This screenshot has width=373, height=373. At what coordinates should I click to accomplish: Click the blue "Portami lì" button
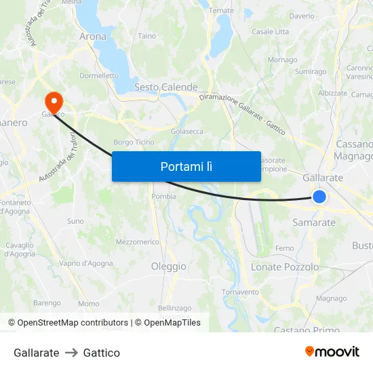(x=186, y=166)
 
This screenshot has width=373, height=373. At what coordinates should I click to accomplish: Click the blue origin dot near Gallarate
(x=319, y=197)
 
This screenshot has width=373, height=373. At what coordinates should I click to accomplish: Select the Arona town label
(x=93, y=36)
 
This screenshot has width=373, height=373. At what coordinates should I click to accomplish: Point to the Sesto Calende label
(x=165, y=87)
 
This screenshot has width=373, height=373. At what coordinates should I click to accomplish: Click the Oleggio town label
(x=168, y=267)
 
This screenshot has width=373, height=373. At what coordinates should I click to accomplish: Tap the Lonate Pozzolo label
(x=285, y=267)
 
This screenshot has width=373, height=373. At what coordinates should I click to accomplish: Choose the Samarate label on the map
(x=313, y=222)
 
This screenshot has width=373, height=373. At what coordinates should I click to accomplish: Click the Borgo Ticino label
(x=134, y=142)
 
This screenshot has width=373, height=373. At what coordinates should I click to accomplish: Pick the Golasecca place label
(x=187, y=131)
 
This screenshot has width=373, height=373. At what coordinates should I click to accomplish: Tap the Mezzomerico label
(x=138, y=241)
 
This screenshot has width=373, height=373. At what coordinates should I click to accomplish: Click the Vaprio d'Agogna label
(x=86, y=263)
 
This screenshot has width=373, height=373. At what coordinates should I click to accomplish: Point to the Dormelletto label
(x=99, y=76)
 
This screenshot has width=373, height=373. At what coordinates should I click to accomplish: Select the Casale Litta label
(x=270, y=31)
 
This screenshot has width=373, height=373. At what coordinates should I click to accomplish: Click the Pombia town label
(x=165, y=196)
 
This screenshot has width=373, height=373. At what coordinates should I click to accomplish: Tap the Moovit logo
(x=332, y=352)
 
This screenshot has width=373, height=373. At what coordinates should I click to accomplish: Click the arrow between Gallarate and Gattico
(x=71, y=353)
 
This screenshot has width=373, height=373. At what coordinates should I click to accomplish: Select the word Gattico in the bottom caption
(x=102, y=353)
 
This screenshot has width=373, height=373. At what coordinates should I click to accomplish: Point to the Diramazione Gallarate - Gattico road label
(x=242, y=112)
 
